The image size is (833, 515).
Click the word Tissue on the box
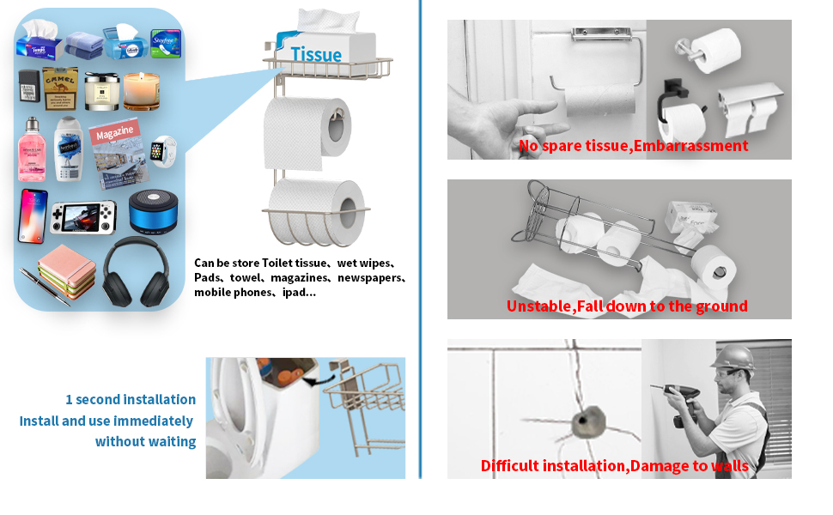pos(315,55)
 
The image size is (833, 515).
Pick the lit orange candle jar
pos(142,91)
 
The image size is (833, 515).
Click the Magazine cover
pos(116,151)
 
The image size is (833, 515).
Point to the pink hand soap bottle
pos(31,150)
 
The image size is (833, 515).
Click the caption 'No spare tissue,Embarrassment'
pos(633,146)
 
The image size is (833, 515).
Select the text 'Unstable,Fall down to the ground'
pos(627,306)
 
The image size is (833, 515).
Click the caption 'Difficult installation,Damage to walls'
pos(614,466)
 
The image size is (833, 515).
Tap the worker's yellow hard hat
pos(737,357)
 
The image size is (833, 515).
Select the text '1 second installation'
pos(131,399)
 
